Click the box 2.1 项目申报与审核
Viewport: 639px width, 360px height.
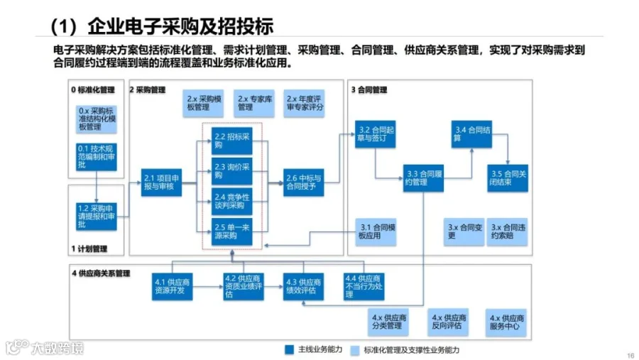tap(162, 182)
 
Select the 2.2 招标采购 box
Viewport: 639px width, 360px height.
tap(232, 141)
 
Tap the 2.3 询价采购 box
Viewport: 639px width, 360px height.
tap(232, 170)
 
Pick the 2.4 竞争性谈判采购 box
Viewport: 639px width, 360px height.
tap(232, 202)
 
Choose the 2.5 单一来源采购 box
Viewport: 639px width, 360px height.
tap(232, 232)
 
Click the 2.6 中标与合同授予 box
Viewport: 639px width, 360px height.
tap(303, 182)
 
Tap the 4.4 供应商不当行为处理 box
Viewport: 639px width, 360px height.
tap(364, 285)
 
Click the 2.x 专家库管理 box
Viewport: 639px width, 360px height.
tap(255, 104)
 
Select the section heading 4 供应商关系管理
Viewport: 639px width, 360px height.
tap(101, 273)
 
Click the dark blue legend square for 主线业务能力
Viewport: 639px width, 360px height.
tap(289, 349)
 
